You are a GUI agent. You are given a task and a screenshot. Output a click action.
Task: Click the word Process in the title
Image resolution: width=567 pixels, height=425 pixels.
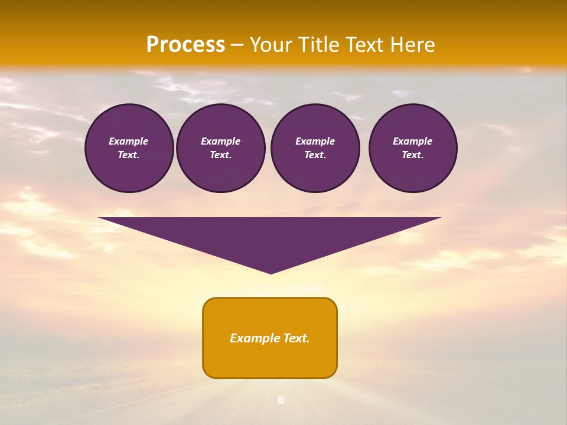185,45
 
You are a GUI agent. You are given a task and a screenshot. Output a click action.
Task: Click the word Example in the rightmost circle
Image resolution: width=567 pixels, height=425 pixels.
413,141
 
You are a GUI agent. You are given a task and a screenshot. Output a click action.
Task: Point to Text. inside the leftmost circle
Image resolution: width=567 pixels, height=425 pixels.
129,155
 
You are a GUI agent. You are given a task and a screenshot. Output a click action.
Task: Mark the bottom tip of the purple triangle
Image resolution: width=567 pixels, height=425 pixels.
271,273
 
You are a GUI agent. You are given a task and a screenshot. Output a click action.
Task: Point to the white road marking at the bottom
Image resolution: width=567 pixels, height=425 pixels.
281,400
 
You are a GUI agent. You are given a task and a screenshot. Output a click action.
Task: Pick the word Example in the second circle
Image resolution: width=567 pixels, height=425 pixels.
221,141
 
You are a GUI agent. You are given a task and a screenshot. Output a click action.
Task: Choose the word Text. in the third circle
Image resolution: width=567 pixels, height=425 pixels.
315,155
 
